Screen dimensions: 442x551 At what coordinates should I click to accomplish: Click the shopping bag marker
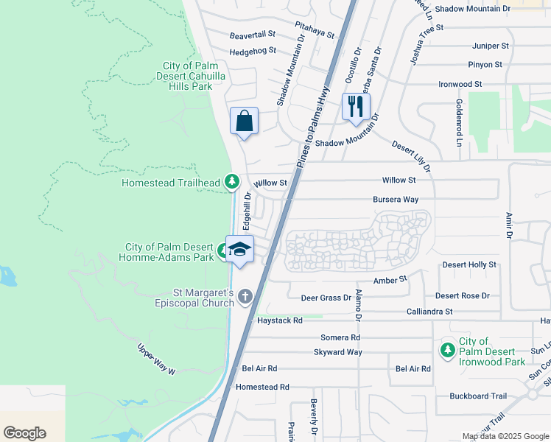pyautogui.click(x=245, y=122)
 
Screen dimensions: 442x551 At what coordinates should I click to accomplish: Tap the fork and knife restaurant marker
pyautogui.click(x=356, y=107)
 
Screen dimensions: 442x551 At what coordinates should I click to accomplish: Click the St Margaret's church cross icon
pyautogui.click(x=245, y=297)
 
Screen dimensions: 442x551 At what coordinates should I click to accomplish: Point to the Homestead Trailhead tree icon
pyautogui.click(x=232, y=181)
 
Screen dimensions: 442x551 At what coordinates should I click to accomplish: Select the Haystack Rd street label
pyautogui.click(x=280, y=320)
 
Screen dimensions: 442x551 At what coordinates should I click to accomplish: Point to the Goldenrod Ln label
pyautogui.click(x=459, y=122)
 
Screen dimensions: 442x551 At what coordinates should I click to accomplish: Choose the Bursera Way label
pyautogui.click(x=396, y=200)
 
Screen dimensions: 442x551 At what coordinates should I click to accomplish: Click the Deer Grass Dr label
pyautogui.click(x=326, y=298)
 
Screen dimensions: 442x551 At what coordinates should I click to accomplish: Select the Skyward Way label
pyautogui.click(x=337, y=352)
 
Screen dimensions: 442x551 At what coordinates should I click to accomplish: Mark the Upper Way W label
pyautogui.click(x=157, y=359)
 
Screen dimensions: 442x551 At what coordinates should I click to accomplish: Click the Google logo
pyautogui.click(x=25, y=432)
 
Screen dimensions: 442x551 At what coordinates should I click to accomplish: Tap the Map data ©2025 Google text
pyautogui.click(x=505, y=436)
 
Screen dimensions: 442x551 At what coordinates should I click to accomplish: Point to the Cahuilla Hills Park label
pyautogui.click(x=188, y=76)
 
